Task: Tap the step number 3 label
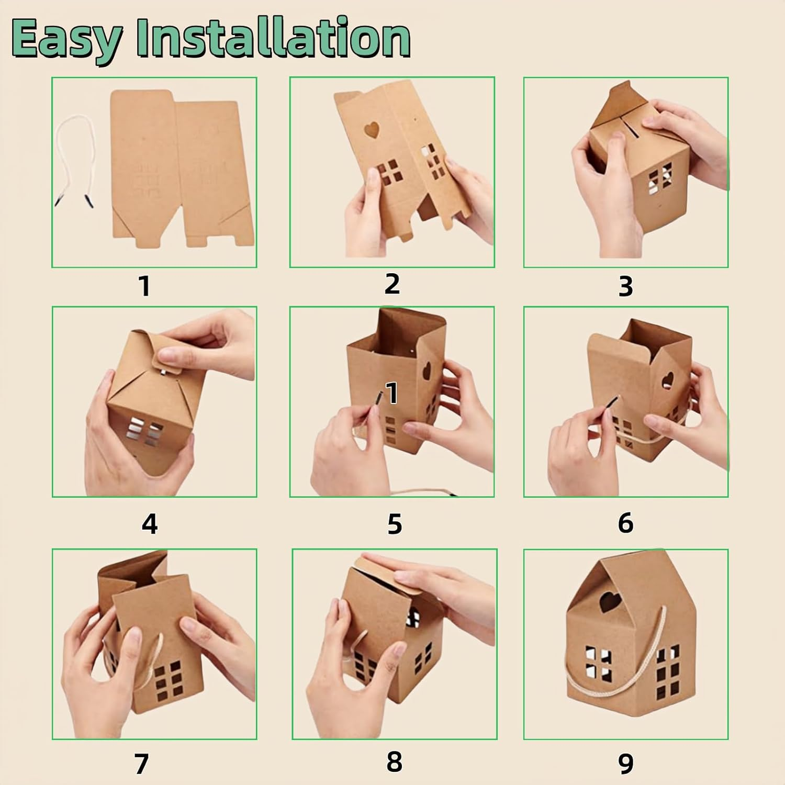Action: click(x=625, y=286)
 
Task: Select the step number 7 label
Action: click(x=142, y=764)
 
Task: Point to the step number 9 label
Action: click(x=625, y=764)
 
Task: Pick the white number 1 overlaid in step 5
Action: click(x=391, y=392)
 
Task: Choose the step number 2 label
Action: click(x=391, y=284)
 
